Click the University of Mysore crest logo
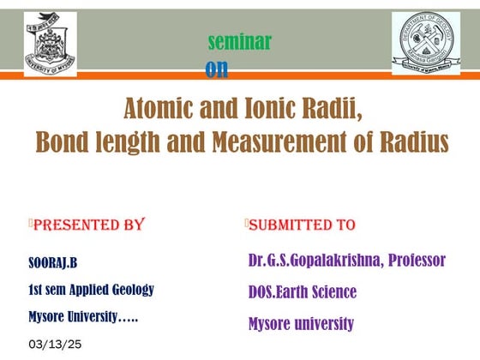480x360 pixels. coord(50,44)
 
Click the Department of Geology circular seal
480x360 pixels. coord(425,43)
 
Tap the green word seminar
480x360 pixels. coord(240,41)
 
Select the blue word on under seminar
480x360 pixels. coord(217,69)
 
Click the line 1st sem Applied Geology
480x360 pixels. coord(91,289)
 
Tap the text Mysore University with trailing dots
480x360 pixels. coord(83,316)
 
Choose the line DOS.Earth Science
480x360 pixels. coord(302,292)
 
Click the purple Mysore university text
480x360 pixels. coord(300,324)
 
